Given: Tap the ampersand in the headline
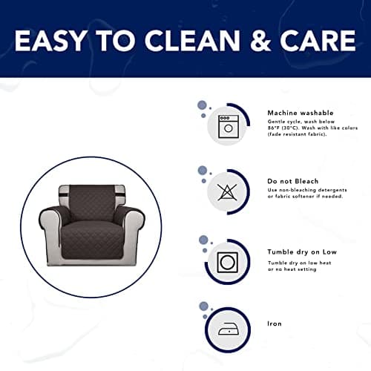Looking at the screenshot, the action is tap(260, 41).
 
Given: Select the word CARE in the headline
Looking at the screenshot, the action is tap(318, 41).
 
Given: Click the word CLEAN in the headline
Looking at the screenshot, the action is tap(192, 41).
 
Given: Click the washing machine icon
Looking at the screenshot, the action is tap(229, 127).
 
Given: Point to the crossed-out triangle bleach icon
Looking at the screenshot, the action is tap(227, 192).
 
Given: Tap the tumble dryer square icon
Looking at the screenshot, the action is tap(227, 262).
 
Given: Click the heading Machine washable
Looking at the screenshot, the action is tap(301, 113).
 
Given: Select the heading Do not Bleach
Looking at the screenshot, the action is tap(292, 181).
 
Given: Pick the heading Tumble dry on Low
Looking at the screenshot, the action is tap(302, 252).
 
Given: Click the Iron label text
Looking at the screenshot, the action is tap(275, 324).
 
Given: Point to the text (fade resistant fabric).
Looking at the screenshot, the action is tap(297, 134).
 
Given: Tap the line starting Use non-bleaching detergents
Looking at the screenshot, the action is tap(307, 190).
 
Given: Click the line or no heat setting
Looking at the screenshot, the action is tap(292, 269).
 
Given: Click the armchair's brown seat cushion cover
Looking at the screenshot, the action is tap(92, 239).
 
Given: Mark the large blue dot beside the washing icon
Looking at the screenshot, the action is tap(202, 105).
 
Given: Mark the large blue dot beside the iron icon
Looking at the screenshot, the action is tap(203, 306).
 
